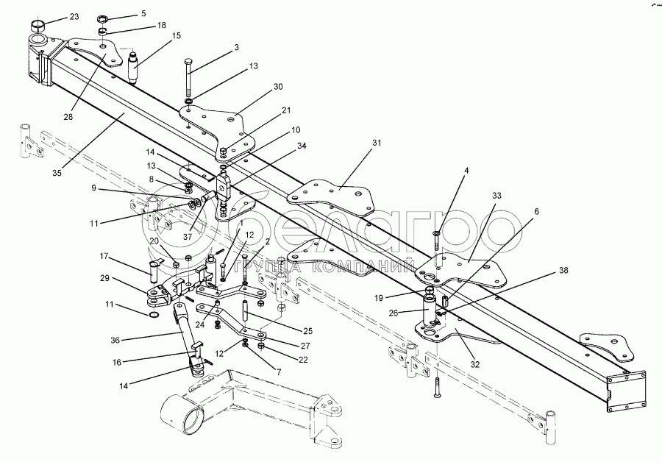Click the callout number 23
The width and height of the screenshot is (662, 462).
[x=74, y=16]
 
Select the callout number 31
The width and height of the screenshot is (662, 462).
[x=377, y=143]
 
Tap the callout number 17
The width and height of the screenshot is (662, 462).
[x=104, y=256]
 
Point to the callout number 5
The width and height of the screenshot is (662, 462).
[x=143, y=13]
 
